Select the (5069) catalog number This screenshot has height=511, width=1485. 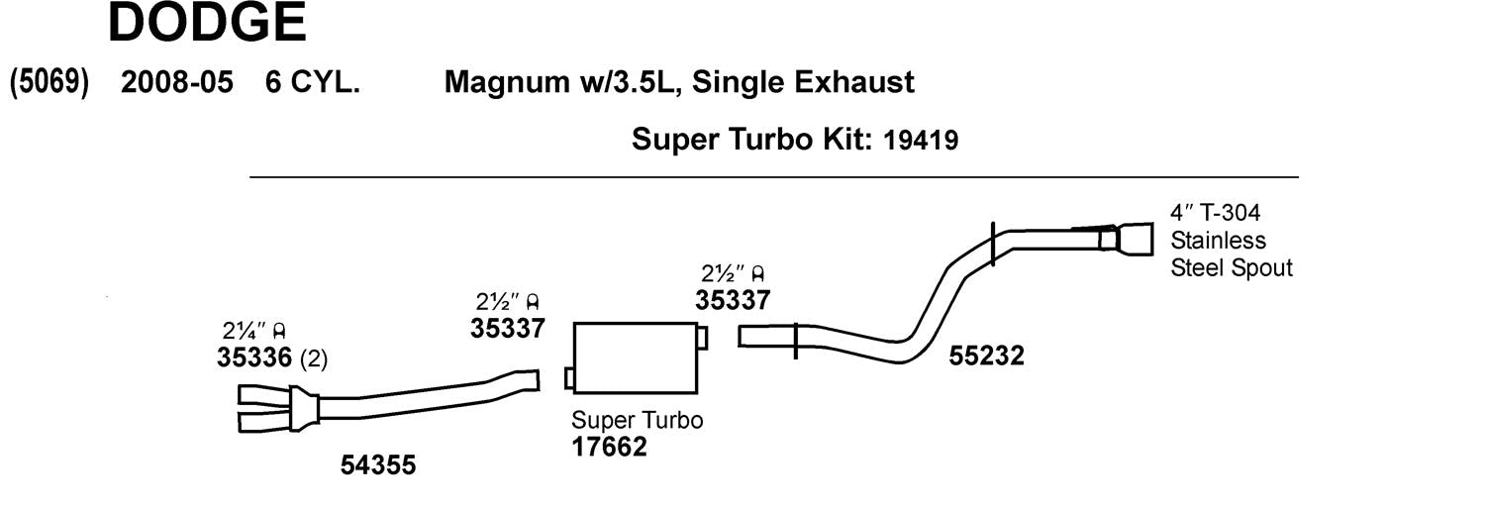[x=49, y=83]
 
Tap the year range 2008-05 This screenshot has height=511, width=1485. [x=177, y=82]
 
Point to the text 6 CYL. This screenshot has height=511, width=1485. [x=312, y=82]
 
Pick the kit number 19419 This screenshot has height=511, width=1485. [x=921, y=140]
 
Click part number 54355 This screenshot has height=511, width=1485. [x=378, y=464]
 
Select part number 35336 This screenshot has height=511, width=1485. [x=253, y=358]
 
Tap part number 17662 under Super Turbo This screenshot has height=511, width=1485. [x=609, y=447]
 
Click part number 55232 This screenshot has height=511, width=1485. [x=986, y=356]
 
